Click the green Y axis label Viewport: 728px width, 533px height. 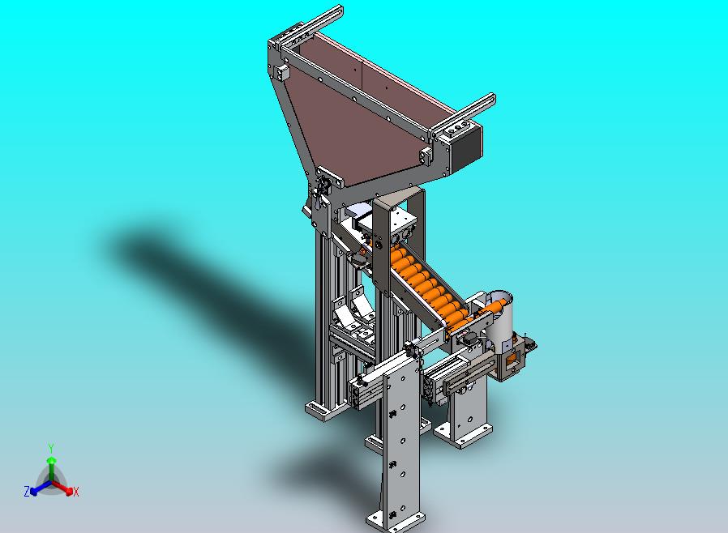51,448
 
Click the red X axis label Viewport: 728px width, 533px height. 76,492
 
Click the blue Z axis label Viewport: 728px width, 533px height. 27,491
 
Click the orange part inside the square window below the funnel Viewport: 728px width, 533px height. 512,358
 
